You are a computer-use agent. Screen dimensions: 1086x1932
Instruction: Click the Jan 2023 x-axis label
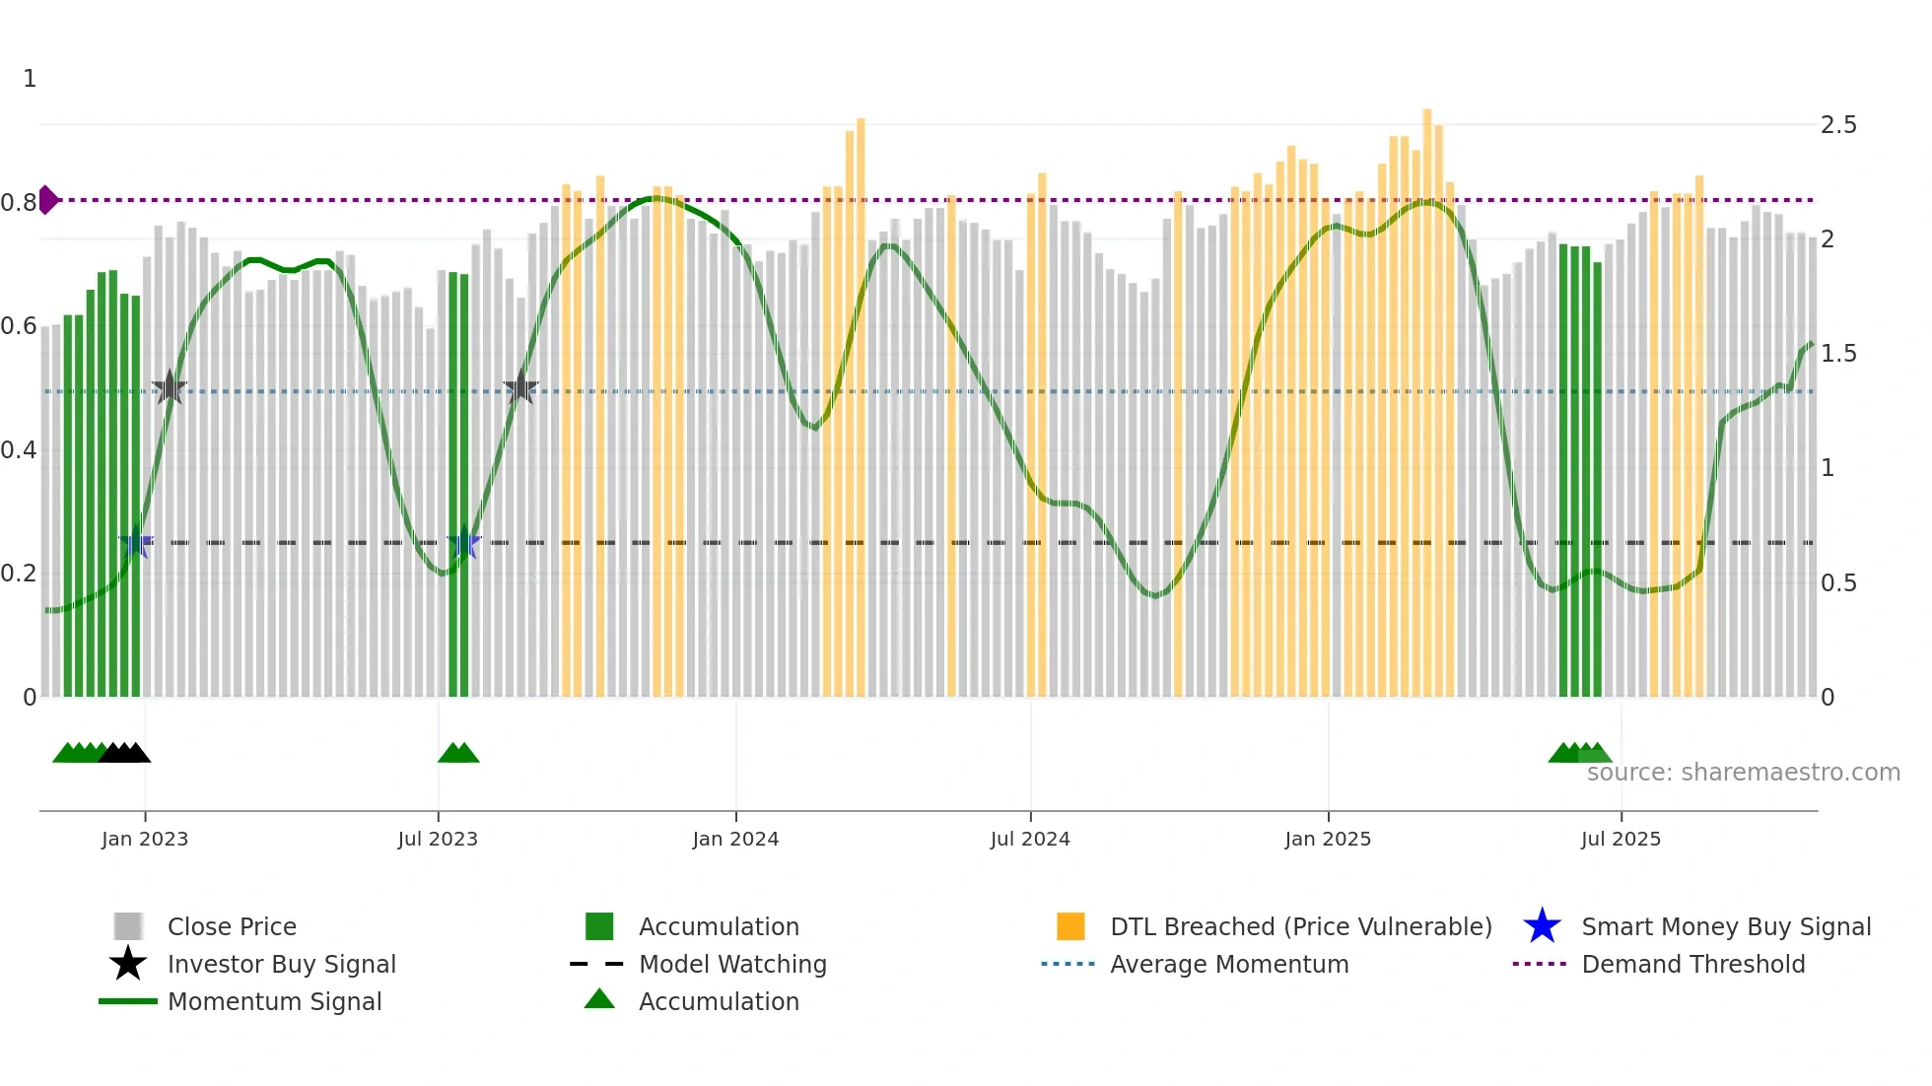coord(144,839)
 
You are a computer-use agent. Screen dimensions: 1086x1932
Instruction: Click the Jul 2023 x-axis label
coord(438,839)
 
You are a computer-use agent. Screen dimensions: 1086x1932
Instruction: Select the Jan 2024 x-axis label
coord(735,839)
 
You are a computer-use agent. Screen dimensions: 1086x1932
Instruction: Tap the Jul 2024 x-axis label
coord(1030,839)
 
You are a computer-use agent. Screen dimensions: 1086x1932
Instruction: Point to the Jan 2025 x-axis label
coord(1328,839)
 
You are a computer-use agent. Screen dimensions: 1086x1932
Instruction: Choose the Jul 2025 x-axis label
coord(1621,839)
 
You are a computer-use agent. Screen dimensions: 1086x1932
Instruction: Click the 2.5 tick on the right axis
coord(1838,125)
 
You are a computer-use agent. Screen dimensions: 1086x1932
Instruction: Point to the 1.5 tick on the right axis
coord(1838,354)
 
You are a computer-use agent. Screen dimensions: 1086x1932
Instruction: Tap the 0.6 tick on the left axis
coord(20,326)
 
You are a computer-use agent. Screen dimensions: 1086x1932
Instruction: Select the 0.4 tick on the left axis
coord(20,450)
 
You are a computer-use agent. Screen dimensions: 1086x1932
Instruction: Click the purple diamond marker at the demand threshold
coord(48,200)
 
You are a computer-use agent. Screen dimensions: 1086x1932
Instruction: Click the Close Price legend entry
coord(232,926)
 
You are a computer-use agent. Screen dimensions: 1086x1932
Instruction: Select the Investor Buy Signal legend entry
coord(281,964)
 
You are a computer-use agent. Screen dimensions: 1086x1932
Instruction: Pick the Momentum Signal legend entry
coord(274,1001)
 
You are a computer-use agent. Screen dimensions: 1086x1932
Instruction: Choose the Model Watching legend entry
coord(732,964)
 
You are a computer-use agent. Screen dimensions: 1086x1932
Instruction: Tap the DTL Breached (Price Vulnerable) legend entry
coord(1300,926)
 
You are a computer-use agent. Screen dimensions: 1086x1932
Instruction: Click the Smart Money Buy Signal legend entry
coord(1726,926)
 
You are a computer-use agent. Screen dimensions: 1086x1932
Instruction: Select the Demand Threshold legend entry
coord(1692,964)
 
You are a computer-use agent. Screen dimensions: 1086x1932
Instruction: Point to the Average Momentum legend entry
coord(1229,964)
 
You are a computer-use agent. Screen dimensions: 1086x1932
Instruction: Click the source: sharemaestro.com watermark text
coord(1743,772)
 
